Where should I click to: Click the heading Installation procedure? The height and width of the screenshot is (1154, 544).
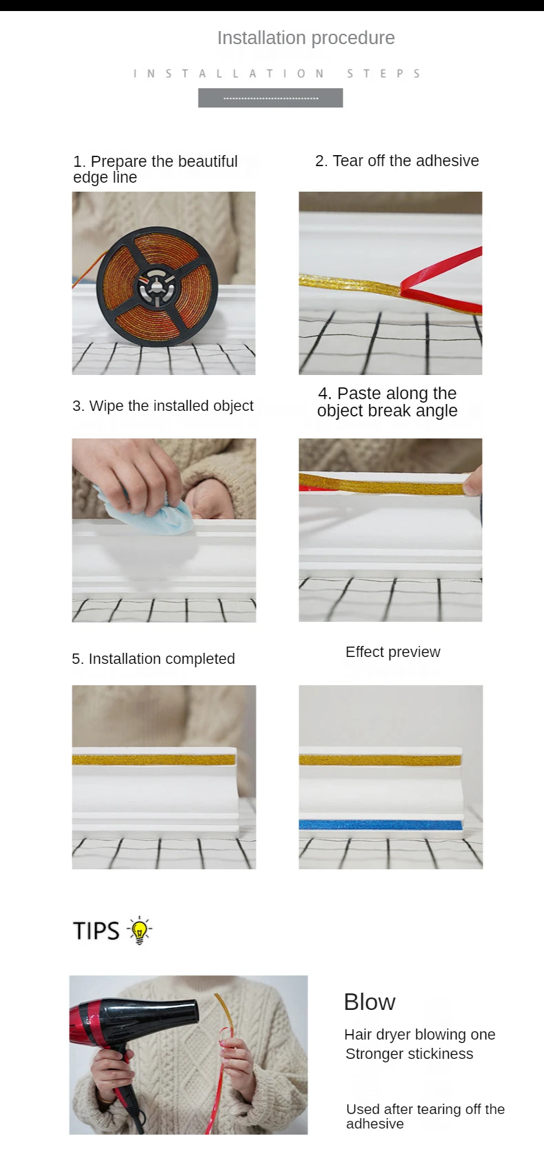coord(306,38)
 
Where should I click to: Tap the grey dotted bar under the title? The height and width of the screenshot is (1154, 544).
coord(270,98)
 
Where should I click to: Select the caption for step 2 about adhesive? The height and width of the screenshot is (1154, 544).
coord(396,161)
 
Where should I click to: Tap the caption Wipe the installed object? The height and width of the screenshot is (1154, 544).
coord(163,406)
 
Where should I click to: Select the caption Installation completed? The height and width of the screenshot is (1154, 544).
coord(153,659)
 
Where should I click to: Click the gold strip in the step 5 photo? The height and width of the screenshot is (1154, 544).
coord(154,760)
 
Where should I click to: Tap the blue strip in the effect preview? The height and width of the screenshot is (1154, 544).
coord(381,824)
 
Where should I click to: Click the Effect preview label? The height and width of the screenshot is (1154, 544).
coord(393,652)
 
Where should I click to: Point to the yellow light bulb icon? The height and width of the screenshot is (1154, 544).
coord(139,931)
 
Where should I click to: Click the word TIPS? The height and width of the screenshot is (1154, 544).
coord(97,931)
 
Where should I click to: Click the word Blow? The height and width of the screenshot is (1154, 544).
coord(370,1002)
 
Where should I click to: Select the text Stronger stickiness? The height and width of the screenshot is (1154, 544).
coord(409,1054)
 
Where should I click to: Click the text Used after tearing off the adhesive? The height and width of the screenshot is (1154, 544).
coord(425,1116)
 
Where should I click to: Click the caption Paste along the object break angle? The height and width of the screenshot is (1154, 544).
coord(387,402)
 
